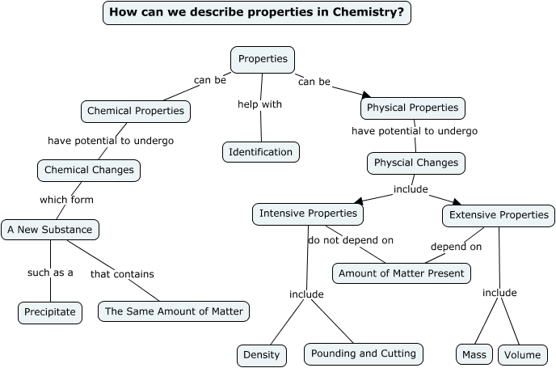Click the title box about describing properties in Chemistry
tap(256, 13)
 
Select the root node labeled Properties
tap(263, 60)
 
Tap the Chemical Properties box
tap(136, 111)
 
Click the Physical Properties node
tap(412, 108)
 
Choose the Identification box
tap(260, 152)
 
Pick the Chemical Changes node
tap(89, 171)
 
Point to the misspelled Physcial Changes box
tap(415, 163)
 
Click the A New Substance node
tap(50, 230)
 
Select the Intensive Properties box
tap(307, 214)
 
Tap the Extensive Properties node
tap(499, 215)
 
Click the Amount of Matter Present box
tap(402, 273)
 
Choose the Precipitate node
tap(50, 312)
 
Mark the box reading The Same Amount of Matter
tap(173, 311)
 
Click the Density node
tap(261, 355)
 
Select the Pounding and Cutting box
tap(363, 353)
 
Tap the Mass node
tap(474, 355)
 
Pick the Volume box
tap(522, 355)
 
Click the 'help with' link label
tap(259, 104)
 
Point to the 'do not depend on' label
tap(351, 240)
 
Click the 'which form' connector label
tap(66, 200)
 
